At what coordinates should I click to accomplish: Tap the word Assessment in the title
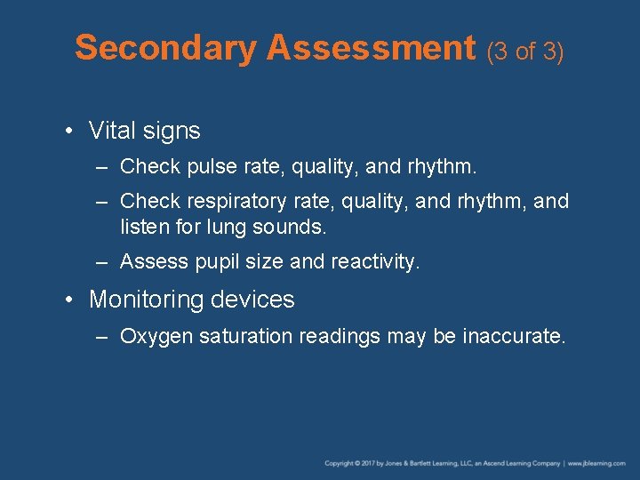[372, 48]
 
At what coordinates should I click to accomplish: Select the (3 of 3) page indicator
[525, 52]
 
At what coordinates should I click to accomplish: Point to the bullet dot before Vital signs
[68, 132]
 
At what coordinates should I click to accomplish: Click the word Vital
[111, 131]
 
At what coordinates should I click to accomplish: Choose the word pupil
[212, 261]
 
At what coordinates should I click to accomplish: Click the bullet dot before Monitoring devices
[68, 300]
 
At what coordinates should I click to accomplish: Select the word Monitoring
[145, 300]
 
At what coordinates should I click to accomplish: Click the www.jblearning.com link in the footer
[596, 463]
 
